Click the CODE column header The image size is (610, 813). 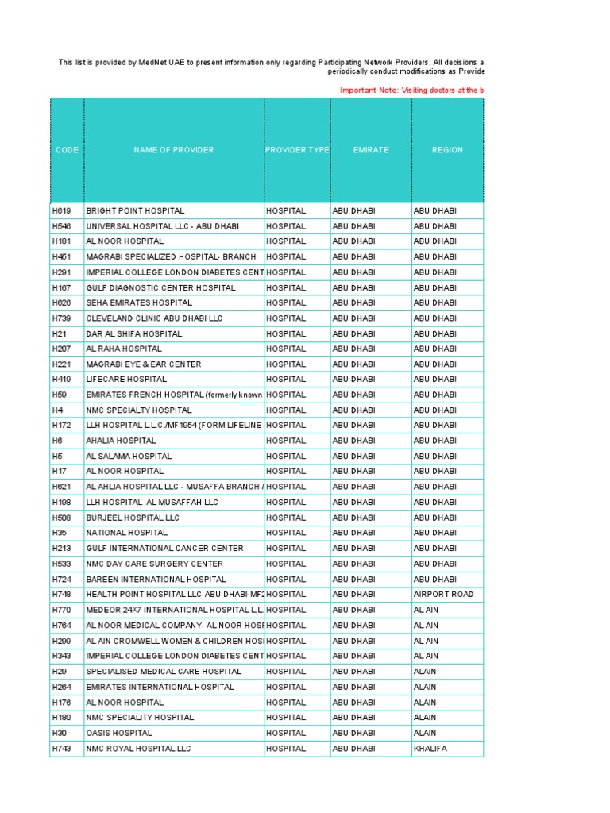click(x=67, y=150)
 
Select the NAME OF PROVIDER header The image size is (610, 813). click(x=173, y=150)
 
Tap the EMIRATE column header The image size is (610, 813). click(x=371, y=150)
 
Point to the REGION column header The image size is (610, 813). click(x=447, y=150)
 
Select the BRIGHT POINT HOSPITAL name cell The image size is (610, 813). click(x=135, y=211)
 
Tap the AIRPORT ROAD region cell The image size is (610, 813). click(x=443, y=595)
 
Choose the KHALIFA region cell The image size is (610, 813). click(x=430, y=749)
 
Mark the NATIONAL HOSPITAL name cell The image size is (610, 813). click(x=127, y=534)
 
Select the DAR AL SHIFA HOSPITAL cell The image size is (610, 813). click(x=134, y=334)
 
